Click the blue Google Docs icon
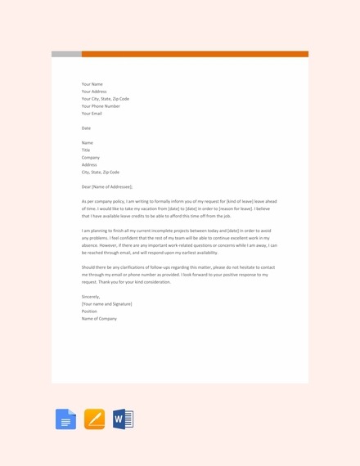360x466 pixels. click(65, 419)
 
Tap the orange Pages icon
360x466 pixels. click(94, 419)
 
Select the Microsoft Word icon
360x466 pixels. click(123, 419)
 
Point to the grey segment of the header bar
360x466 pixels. click(66, 54)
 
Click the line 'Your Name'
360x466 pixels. click(92, 83)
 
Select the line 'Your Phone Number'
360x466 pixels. click(101, 106)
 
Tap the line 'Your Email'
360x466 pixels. click(92, 114)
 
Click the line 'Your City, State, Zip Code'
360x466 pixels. click(106, 99)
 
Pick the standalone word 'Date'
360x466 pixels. click(86, 128)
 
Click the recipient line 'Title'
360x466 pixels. click(86, 150)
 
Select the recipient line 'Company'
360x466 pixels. click(91, 157)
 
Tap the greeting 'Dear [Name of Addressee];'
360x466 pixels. click(107, 186)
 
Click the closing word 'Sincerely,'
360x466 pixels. click(90, 296)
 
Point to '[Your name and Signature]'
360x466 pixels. click(106, 303)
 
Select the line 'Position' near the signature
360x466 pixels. click(90, 311)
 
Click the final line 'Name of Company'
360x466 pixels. click(99, 318)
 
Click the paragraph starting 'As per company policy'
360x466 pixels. click(179, 208)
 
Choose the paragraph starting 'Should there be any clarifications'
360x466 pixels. click(179, 274)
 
